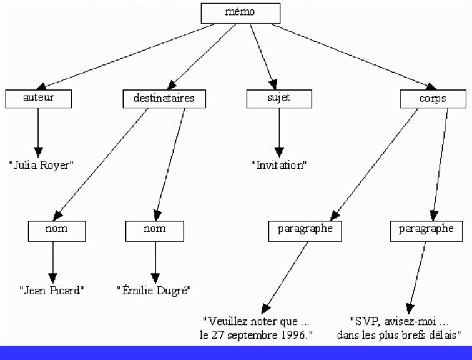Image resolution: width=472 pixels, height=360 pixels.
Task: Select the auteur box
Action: click(39, 98)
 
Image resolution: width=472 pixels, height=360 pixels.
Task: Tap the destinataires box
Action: click(164, 98)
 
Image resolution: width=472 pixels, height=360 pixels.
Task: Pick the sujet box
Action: click(278, 98)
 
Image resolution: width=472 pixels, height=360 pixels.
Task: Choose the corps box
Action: click(432, 99)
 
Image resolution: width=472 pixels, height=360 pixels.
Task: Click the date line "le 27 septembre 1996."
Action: click(256, 335)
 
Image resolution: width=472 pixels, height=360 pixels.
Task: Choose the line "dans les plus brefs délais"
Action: click(400, 335)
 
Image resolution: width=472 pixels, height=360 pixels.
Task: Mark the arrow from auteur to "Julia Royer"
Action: click(39, 131)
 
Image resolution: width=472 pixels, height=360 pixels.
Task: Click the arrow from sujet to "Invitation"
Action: click(278, 131)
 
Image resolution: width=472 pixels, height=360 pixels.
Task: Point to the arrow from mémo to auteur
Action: click(125, 56)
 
